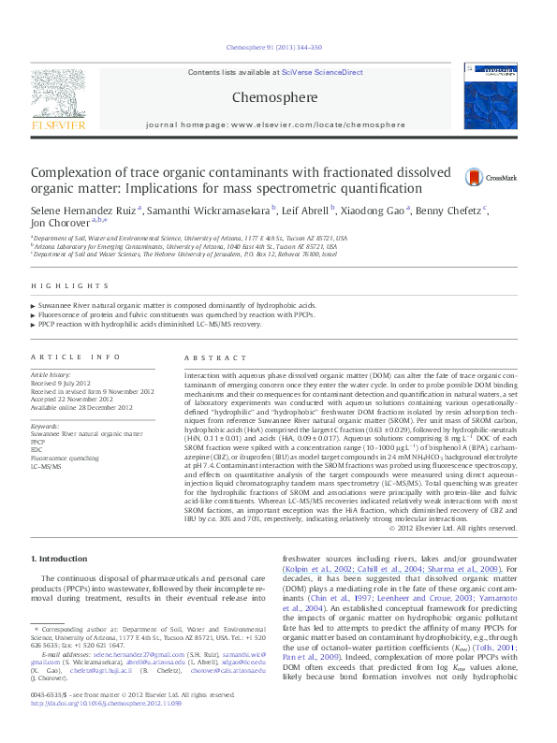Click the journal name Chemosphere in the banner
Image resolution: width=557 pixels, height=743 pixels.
[277, 95]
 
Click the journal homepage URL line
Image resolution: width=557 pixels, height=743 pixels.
[277, 124]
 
